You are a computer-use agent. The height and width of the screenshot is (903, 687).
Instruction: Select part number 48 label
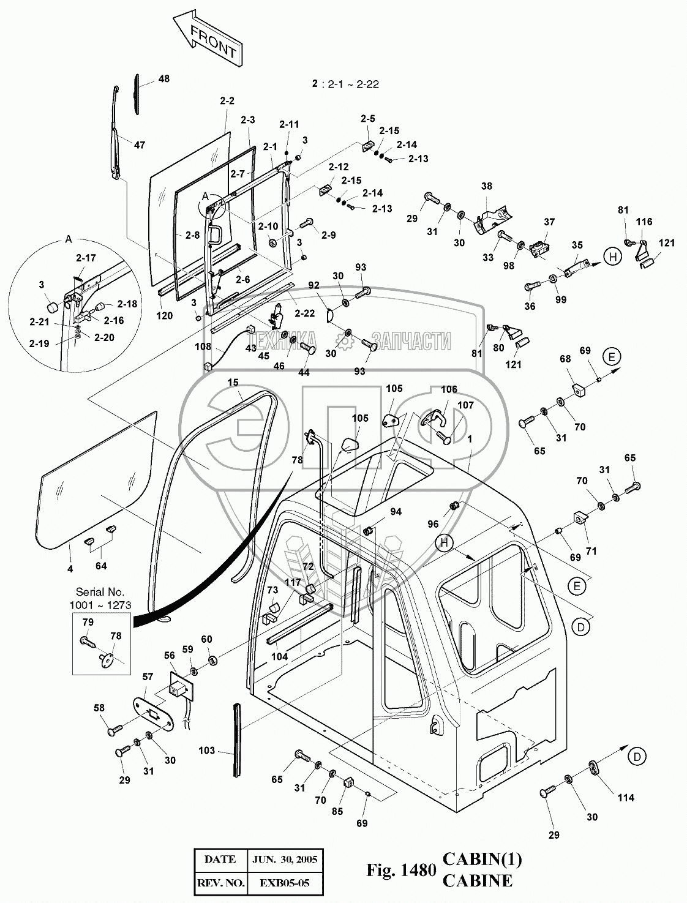click(163, 79)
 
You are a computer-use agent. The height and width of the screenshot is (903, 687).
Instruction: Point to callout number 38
click(486, 186)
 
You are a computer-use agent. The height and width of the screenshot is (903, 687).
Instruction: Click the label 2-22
click(304, 313)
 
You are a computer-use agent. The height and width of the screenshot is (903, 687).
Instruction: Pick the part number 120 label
click(164, 316)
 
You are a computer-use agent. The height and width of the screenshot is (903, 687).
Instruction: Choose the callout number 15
click(233, 383)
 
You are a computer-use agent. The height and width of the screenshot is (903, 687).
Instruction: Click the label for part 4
click(70, 569)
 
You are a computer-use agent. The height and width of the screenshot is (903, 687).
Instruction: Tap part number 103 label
click(208, 751)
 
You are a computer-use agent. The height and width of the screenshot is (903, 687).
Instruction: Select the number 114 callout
click(625, 798)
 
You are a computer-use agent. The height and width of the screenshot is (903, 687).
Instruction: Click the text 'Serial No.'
click(100, 592)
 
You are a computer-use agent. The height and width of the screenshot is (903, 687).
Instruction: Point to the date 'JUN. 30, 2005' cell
click(285, 859)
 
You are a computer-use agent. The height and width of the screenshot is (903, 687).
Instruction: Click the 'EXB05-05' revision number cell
click(284, 883)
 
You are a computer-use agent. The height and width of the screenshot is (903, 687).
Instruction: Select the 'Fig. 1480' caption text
click(400, 871)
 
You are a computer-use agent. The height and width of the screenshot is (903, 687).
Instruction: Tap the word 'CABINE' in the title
click(477, 882)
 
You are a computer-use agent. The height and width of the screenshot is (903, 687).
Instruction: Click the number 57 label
click(148, 676)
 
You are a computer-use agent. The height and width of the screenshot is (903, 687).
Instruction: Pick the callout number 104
click(279, 656)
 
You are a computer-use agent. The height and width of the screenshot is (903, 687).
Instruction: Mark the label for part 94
click(396, 512)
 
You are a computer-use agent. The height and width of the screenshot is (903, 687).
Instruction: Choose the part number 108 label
click(203, 346)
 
